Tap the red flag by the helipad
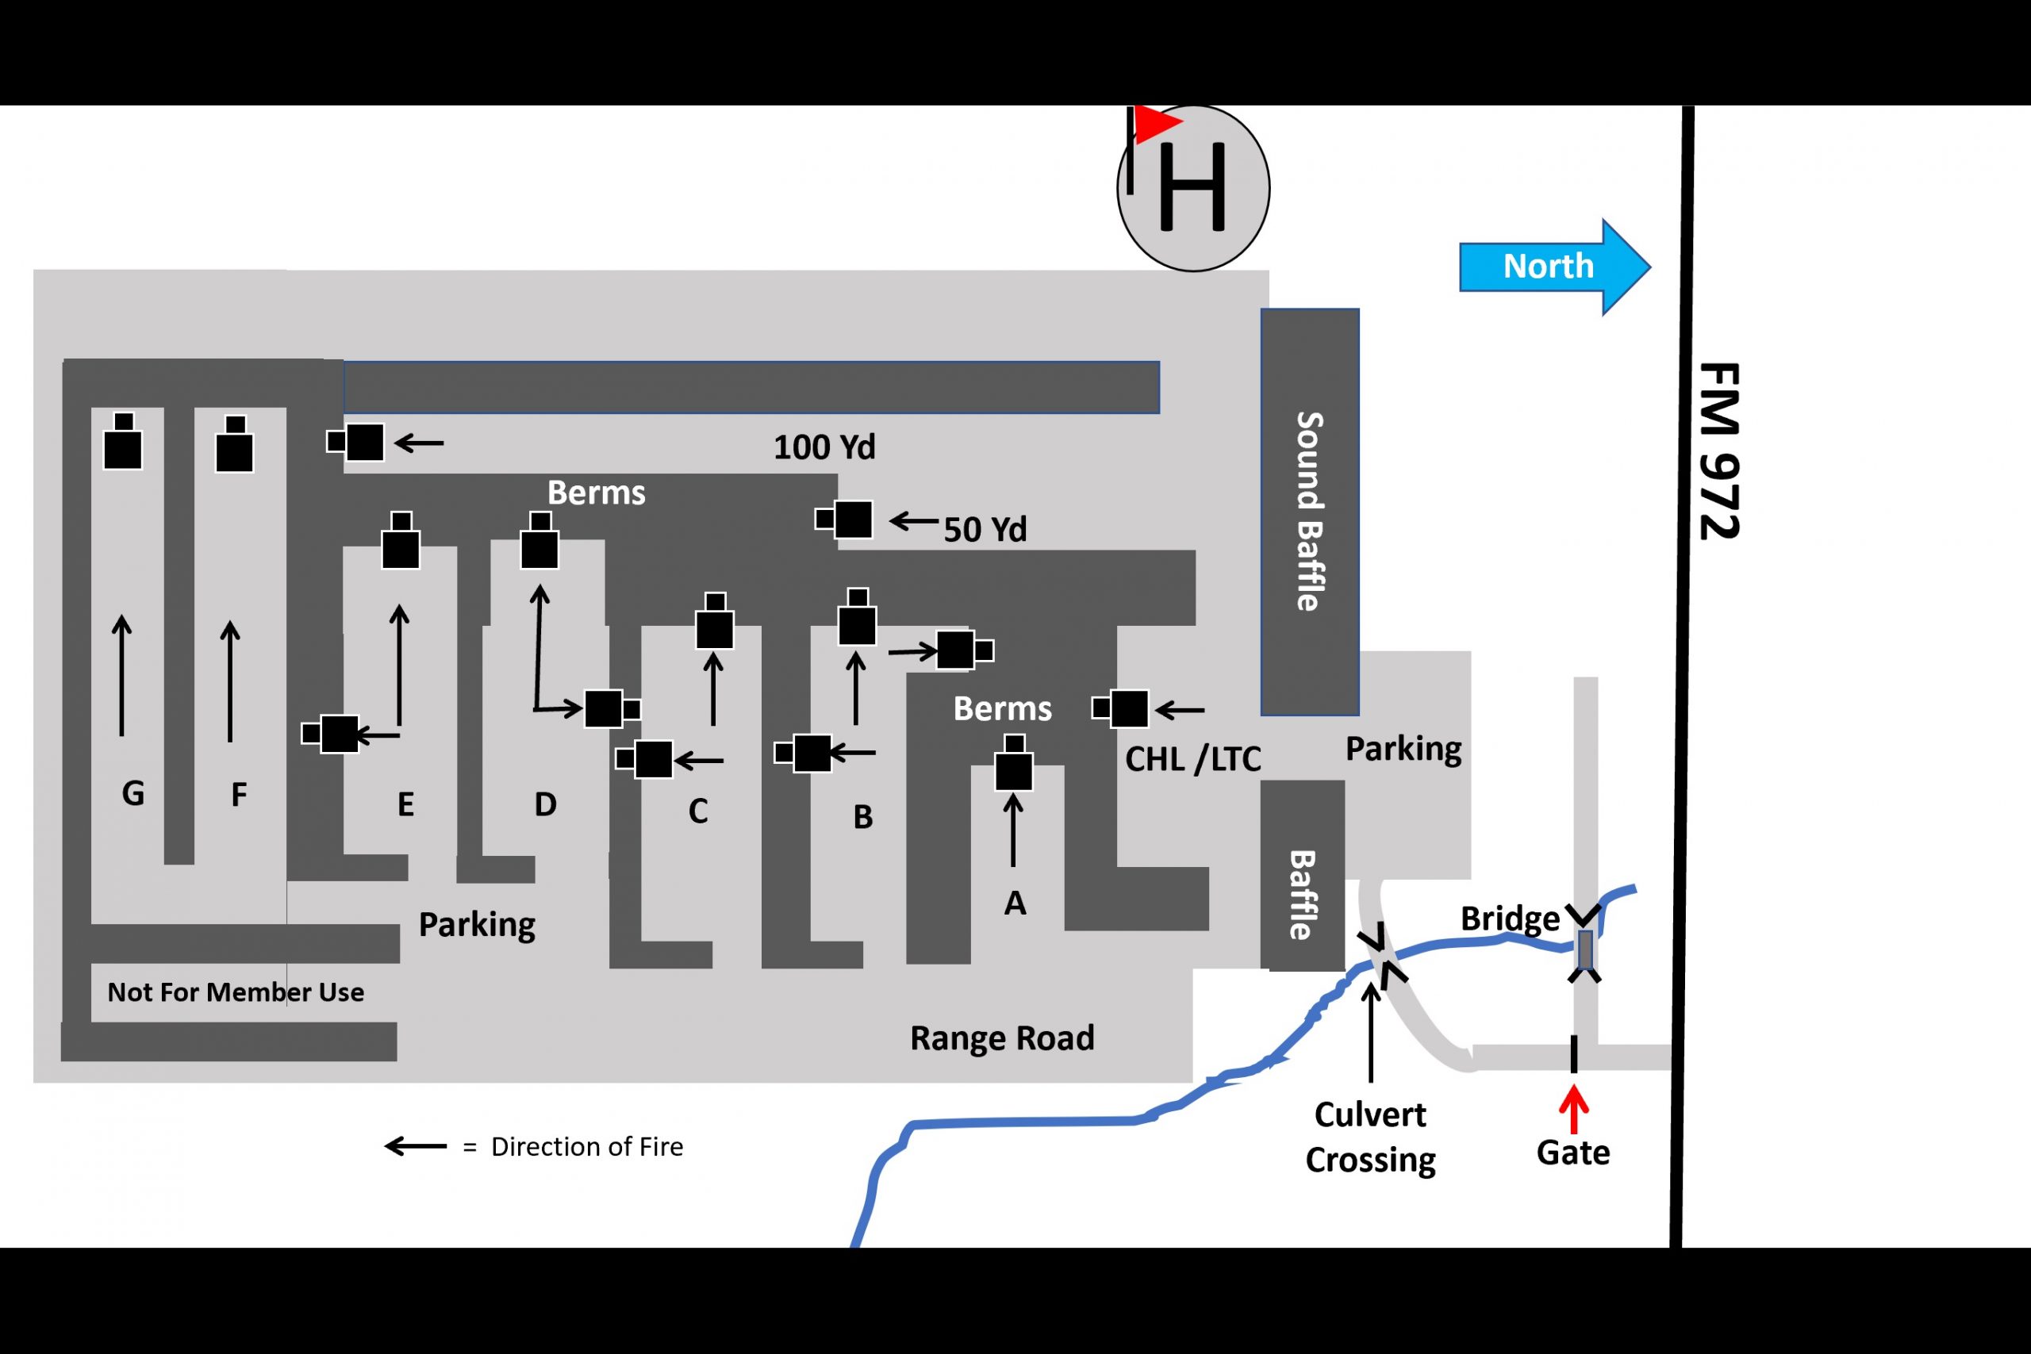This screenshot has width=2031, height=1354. pos(1155,125)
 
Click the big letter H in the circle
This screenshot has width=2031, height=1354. pos(1192,187)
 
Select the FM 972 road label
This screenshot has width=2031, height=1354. pos(1718,451)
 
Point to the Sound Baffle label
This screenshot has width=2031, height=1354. pos(1310,510)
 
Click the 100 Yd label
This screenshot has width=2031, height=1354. pos(824,447)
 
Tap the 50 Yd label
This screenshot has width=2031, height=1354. pos(985,529)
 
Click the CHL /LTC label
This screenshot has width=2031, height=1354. pos(1192,759)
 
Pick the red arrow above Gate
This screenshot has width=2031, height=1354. pos(1573,1109)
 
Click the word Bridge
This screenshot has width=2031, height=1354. pos(1510,918)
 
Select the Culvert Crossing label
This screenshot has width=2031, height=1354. pos(1370,1137)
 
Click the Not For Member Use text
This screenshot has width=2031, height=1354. pos(235,992)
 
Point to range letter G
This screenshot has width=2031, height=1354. pos(133,792)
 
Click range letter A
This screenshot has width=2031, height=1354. pos(1015,903)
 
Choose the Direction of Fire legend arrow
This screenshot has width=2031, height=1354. pos(416,1147)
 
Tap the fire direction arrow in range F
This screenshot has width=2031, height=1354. pos(230,681)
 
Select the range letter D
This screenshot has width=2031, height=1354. pos(545,805)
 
